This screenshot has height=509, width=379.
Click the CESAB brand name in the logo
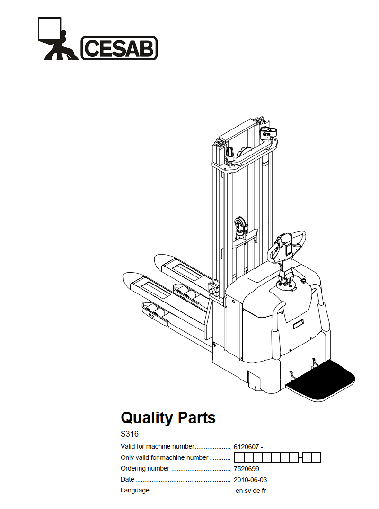pyautogui.click(x=119, y=48)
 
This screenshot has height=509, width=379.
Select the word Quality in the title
pyautogui.click(x=147, y=418)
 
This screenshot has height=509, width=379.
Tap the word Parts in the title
pyautogui.click(x=196, y=418)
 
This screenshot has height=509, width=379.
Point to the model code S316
pyautogui.click(x=130, y=434)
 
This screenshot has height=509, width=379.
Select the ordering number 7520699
pyautogui.click(x=247, y=469)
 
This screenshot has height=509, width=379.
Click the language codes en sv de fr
pyautogui.click(x=251, y=491)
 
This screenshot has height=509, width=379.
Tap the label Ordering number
pyautogui.click(x=145, y=469)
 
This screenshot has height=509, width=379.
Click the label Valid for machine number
pyautogui.click(x=158, y=446)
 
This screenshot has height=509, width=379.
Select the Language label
pyautogui.click(x=135, y=491)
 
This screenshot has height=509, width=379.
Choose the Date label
pyautogui.click(x=128, y=480)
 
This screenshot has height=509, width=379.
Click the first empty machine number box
pyautogui.click(x=239, y=457)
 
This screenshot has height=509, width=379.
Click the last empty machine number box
pyautogui.click(x=316, y=457)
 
